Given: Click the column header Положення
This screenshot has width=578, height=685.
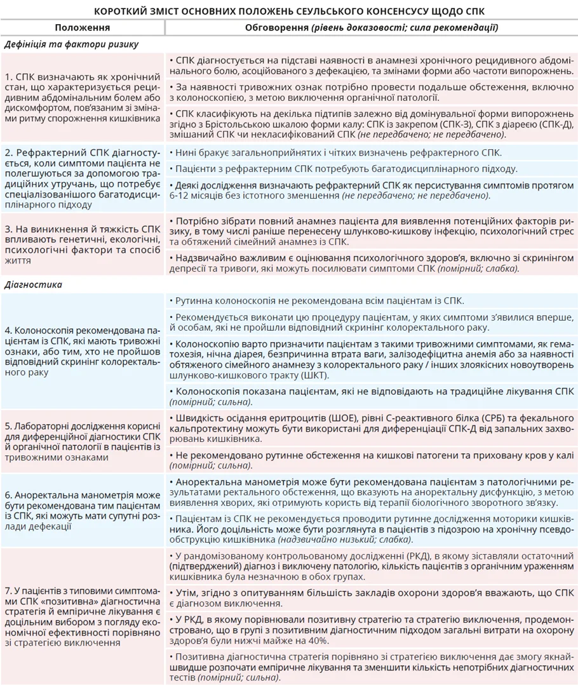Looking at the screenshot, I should [82, 28].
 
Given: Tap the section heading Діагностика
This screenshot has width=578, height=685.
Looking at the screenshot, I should [33, 284].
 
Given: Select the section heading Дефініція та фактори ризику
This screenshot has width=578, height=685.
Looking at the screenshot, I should [71, 44].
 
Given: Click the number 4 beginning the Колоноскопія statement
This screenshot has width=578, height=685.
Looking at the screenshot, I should [7, 330].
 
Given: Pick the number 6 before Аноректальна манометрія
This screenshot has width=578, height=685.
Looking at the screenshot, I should [7, 493].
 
